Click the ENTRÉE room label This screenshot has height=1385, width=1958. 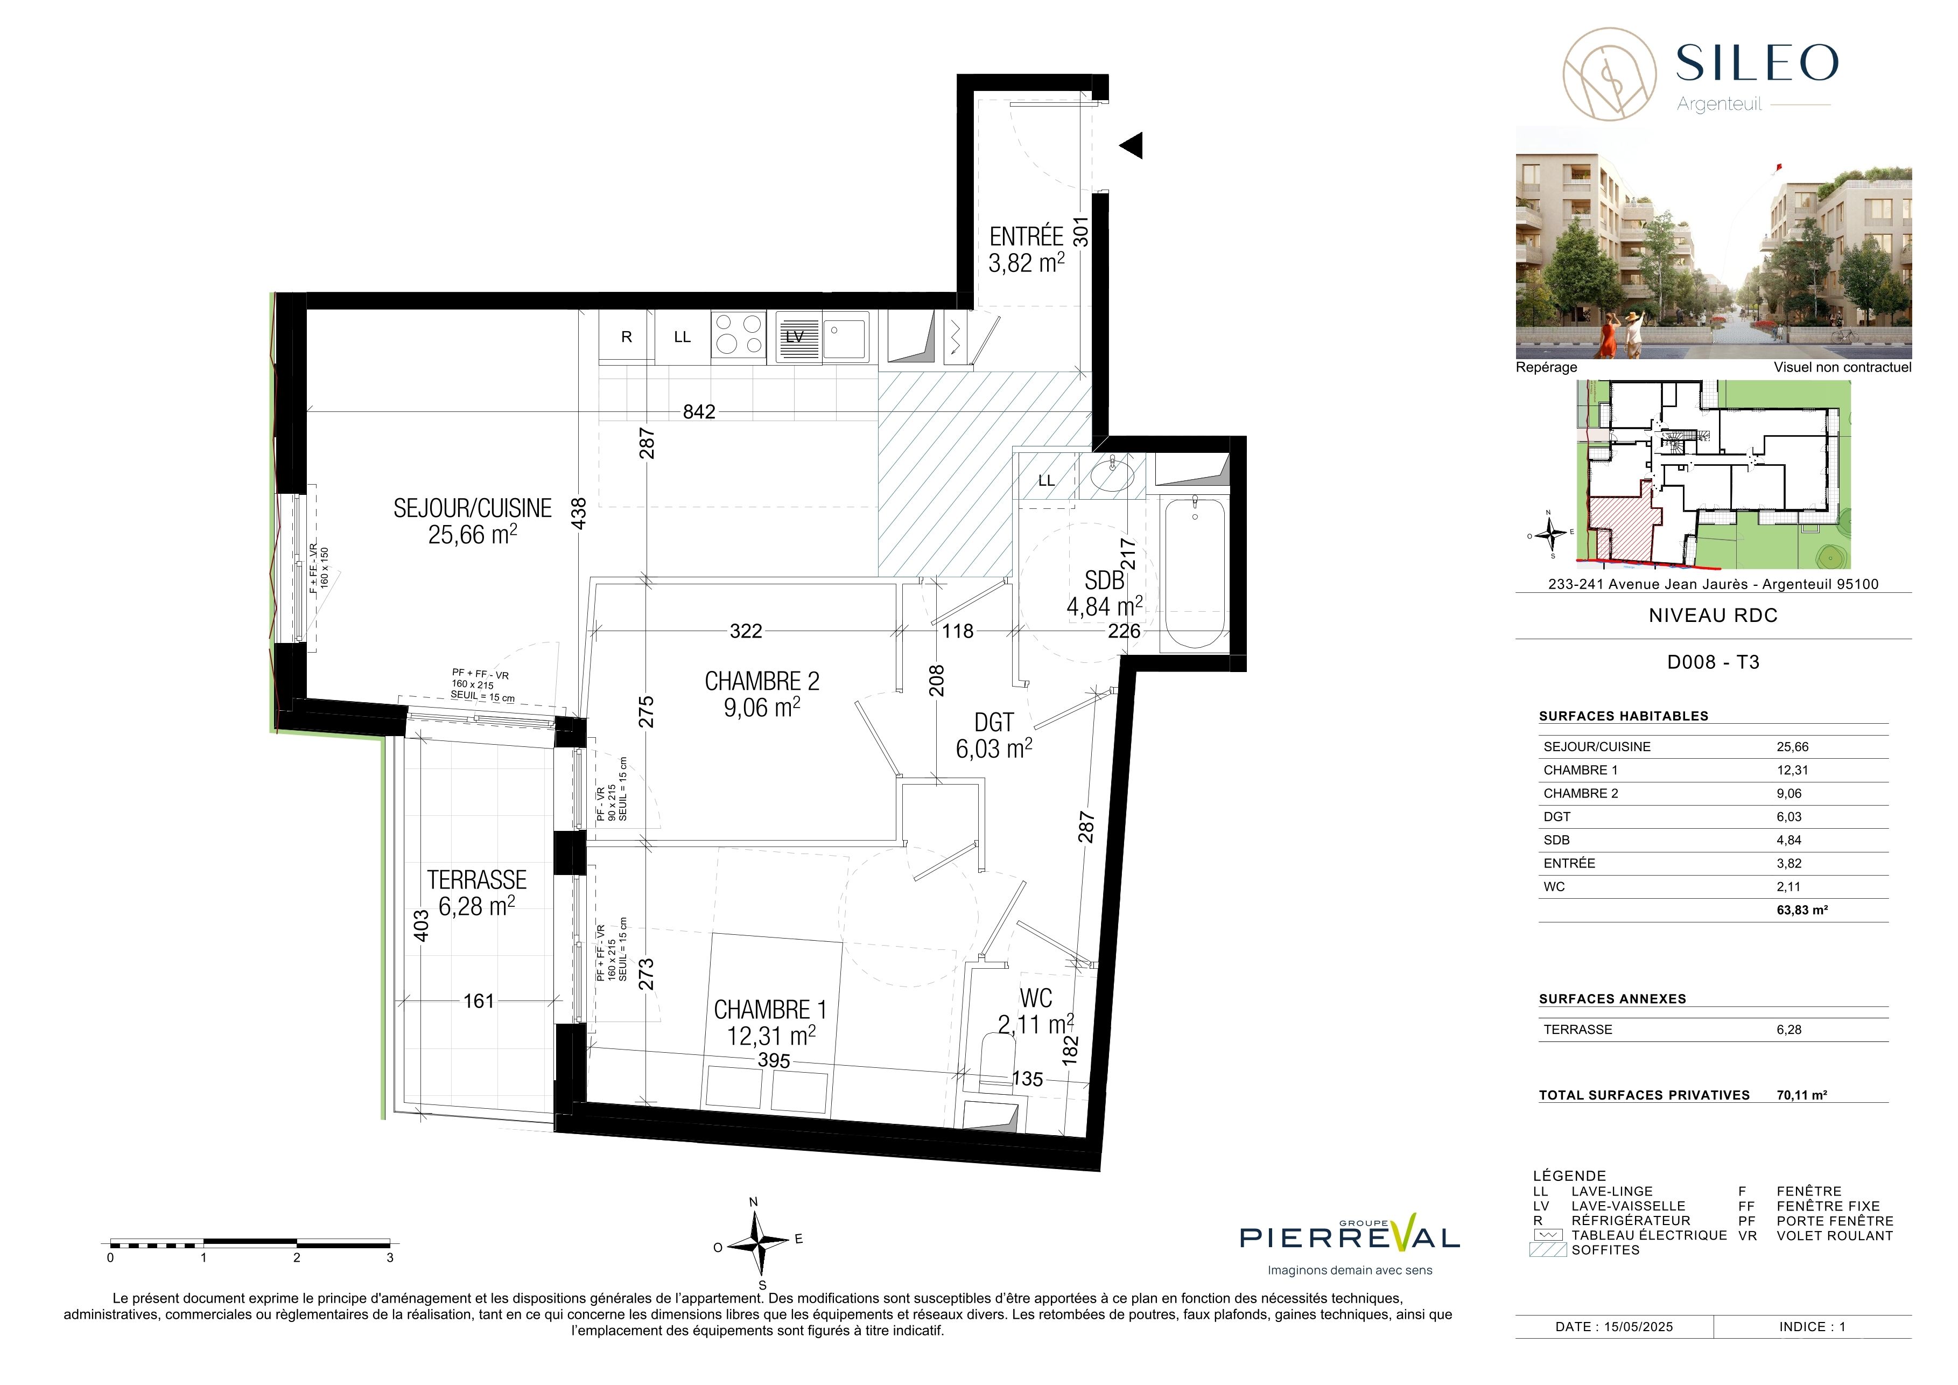pyautogui.click(x=1026, y=236)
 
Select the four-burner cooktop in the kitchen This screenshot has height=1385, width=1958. pyautogui.click(x=739, y=334)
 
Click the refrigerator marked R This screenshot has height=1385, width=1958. pyautogui.click(x=627, y=337)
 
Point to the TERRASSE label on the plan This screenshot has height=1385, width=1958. pyautogui.click(x=476, y=879)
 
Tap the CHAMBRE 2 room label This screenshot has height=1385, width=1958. pyautogui.click(x=762, y=681)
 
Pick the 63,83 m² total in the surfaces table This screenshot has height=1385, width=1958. pyautogui.click(x=1802, y=910)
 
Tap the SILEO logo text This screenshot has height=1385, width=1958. pyautogui.click(x=1757, y=62)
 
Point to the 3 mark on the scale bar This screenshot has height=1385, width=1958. pyautogui.click(x=390, y=1257)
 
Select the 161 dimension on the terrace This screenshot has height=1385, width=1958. pyautogui.click(x=479, y=1001)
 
